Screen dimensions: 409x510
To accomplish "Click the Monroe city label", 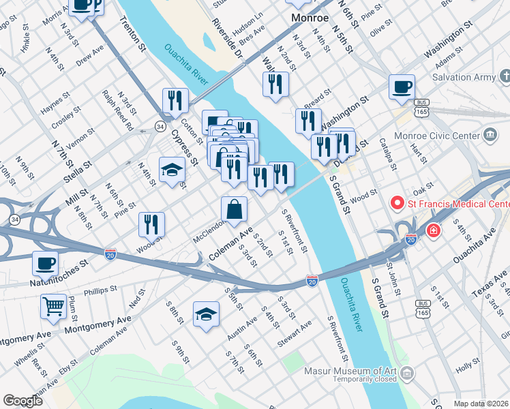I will click(310, 17).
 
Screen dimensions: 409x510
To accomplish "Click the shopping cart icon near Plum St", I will click(53, 306).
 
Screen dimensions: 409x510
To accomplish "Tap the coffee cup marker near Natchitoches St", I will click(46, 263).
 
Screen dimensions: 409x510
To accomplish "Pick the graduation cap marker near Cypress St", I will click(172, 169).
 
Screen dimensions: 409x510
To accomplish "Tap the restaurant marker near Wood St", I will click(151, 224).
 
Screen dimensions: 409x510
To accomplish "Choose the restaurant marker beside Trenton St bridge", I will click(176, 101).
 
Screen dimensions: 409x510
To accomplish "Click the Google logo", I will click(22, 401).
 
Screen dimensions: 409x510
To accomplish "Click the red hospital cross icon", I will click(433, 232).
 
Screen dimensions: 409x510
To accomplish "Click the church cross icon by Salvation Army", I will click(505, 74).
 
